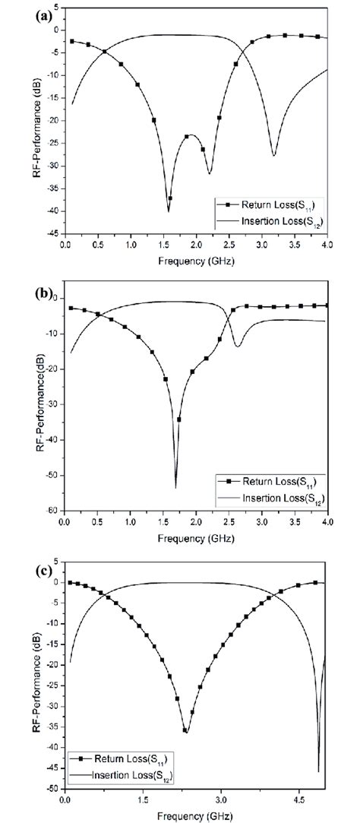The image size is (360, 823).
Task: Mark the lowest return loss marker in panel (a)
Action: pos(170,198)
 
